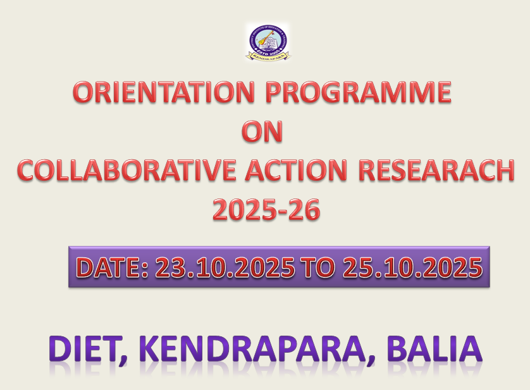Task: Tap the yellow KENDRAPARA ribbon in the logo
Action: coord(268,57)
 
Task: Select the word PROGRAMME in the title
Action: coord(358,93)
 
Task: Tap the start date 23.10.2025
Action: coord(225,268)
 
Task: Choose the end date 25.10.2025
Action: coord(412,268)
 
